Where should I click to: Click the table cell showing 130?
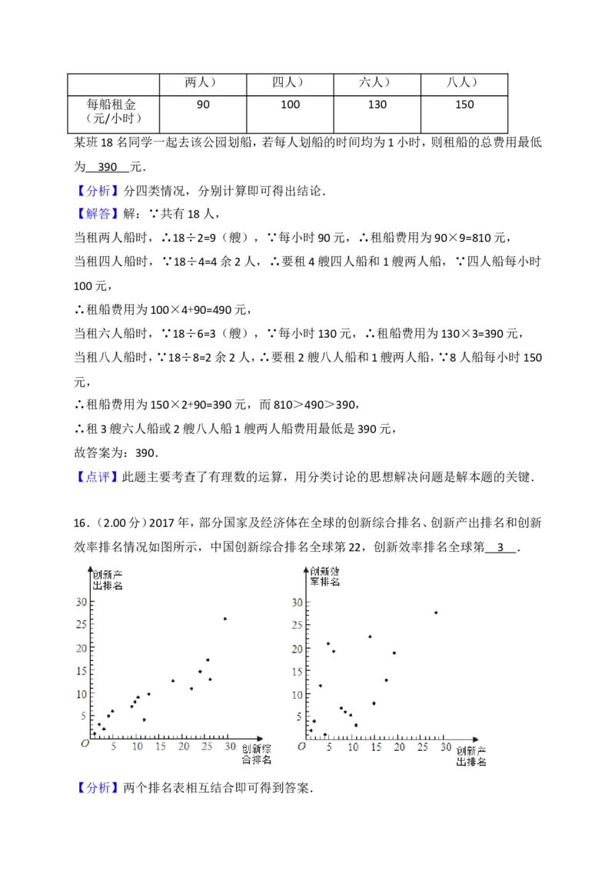coord(377,105)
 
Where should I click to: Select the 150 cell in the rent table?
coord(464,105)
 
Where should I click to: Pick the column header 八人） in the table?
coord(464,82)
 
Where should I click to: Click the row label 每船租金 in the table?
coord(112,104)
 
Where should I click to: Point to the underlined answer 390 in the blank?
coord(107,167)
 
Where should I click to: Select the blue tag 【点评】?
coord(98,476)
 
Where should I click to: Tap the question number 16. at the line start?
coord(82,524)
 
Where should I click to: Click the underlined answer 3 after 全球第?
coord(503,548)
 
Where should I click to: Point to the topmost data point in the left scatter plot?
coord(224,619)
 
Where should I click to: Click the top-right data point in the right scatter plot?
coord(436,612)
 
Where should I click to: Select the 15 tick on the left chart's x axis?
coord(161,746)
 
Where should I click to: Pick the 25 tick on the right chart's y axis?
coord(297,626)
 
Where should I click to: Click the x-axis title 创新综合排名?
coord(256,754)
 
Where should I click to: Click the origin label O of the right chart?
coord(301,746)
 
